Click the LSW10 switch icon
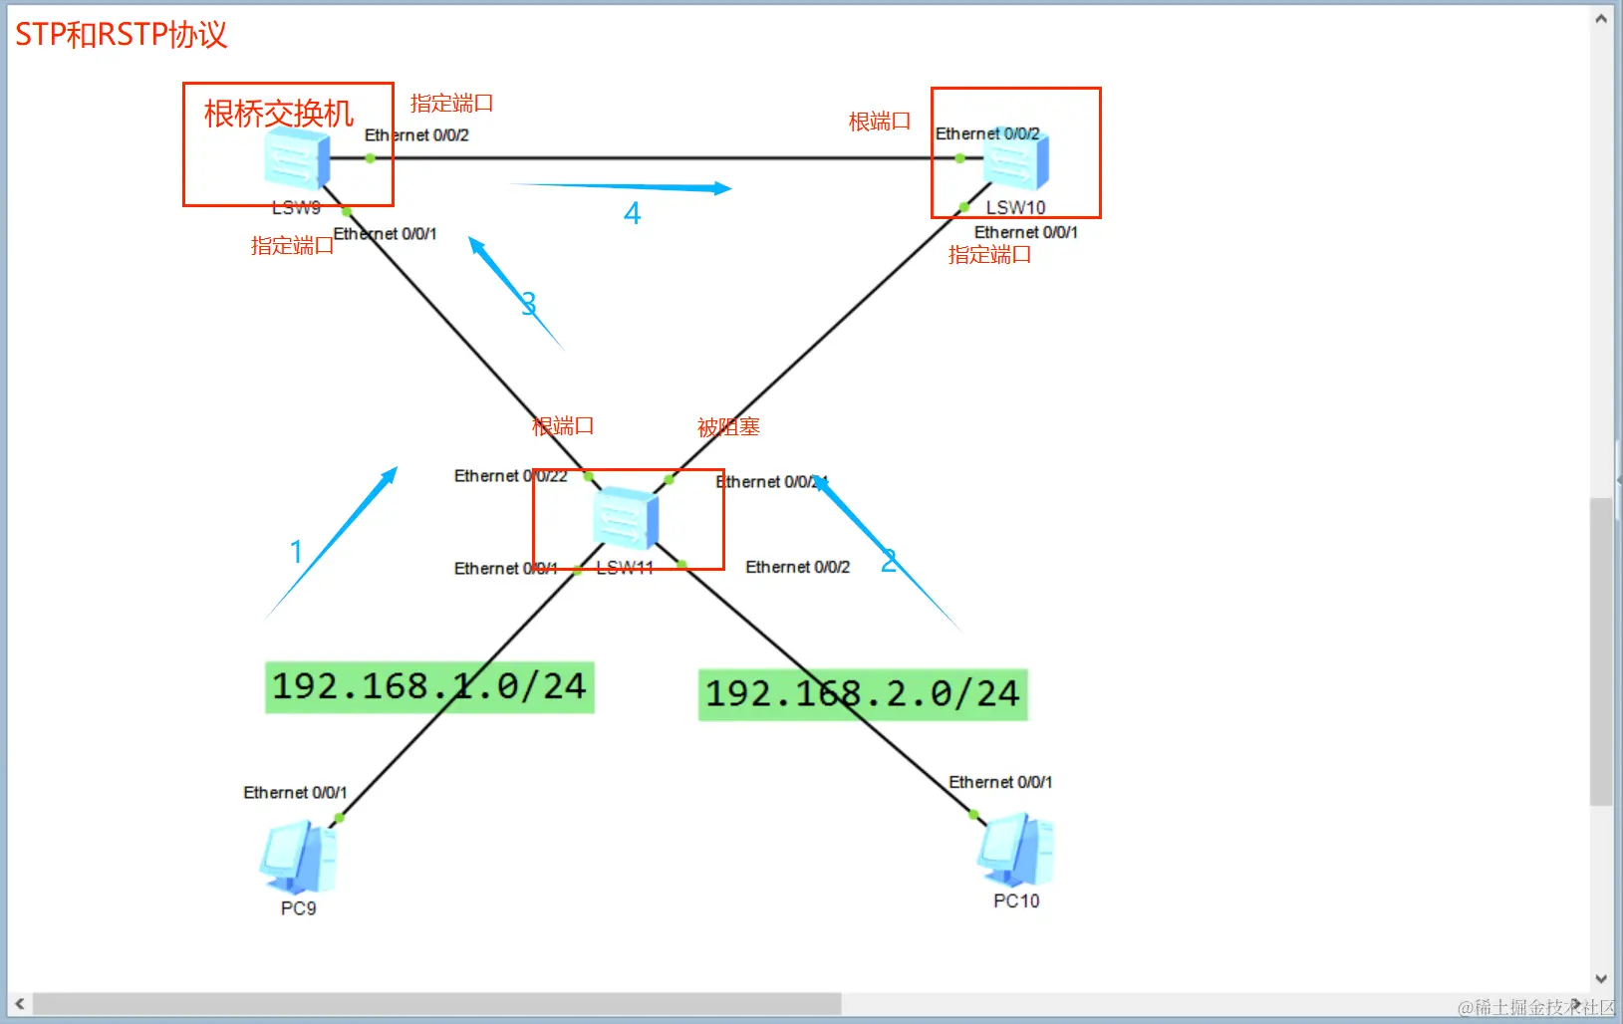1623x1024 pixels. coord(1016,160)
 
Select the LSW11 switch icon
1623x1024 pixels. coord(625,518)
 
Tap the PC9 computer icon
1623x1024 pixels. coord(298,858)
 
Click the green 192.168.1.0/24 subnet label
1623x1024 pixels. coord(429,687)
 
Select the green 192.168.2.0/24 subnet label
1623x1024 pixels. coord(863,694)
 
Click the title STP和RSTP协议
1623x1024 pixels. coord(121,35)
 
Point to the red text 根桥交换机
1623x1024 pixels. coord(279,114)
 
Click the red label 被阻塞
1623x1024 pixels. coord(728,427)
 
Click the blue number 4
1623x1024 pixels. coord(632,213)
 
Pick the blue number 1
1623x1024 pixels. coord(296,551)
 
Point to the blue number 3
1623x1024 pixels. coord(528,303)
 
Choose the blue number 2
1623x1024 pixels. coord(889,561)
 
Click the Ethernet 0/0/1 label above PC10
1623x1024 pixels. coord(1000,782)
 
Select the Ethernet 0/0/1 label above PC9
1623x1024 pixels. coord(295,792)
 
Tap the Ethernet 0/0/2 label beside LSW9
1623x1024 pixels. coord(416,134)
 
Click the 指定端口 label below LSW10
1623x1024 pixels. coord(989,255)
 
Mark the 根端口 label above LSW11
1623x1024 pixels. coord(563,426)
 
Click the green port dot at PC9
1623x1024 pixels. coord(339,818)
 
